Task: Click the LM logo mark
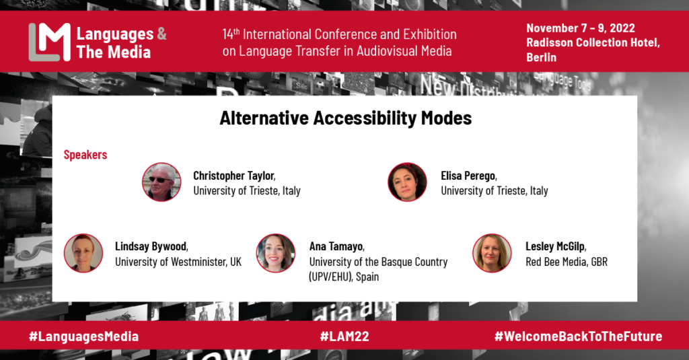coord(49,42)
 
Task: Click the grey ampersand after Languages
coord(161,34)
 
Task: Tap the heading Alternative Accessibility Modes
coord(345,118)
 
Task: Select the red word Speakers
coord(85,155)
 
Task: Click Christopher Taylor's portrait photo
coord(161,182)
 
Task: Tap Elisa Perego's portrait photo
coord(407,182)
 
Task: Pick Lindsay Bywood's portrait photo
coord(83,253)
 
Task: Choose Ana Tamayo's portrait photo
coord(276,253)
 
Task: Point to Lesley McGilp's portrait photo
coord(492,253)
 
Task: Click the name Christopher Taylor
coord(233,176)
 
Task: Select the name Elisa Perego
coord(468,176)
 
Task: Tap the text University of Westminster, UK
coord(178,262)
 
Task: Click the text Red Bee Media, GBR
coord(567,262)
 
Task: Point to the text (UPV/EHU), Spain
coord(344,277)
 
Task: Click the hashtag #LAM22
coord(344,336)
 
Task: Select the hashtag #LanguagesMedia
coord(83,336)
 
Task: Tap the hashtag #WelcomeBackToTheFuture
coord(578,336)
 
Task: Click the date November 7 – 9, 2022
coord(581,28)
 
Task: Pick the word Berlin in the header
coord(542,58)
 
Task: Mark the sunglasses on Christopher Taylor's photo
coord(159,180)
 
